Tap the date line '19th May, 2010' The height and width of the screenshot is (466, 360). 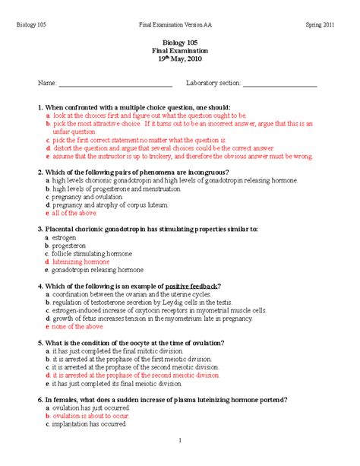click(180, 59)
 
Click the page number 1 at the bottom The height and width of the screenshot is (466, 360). click(180, 440)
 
